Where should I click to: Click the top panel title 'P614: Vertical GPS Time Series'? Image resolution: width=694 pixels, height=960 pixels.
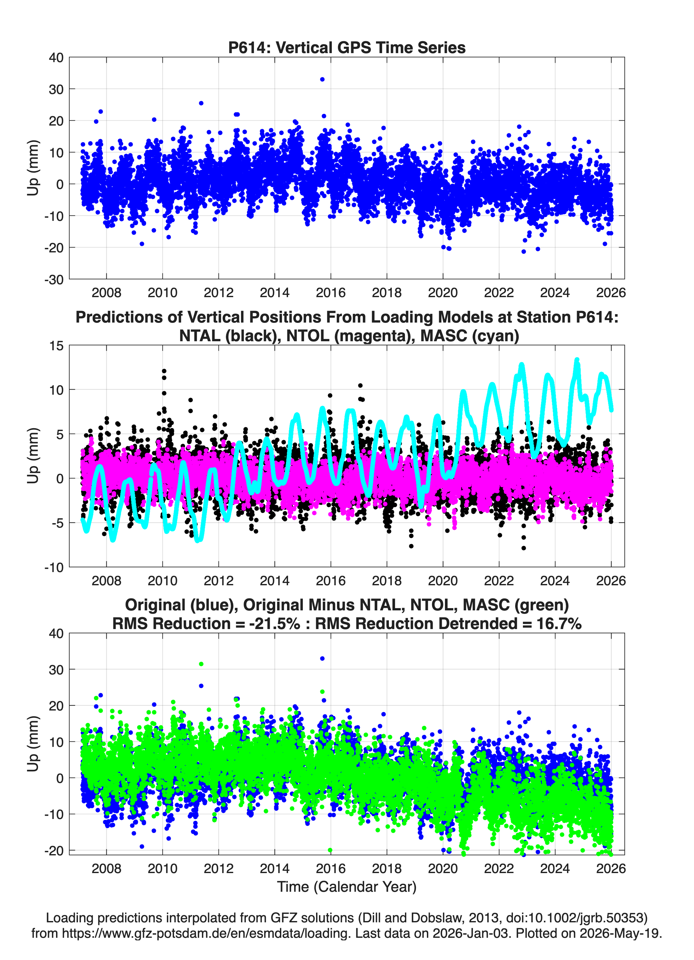347,47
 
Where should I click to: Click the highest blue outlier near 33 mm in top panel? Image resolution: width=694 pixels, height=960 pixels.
322,79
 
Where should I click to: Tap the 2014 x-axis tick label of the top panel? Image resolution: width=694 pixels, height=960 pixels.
275,293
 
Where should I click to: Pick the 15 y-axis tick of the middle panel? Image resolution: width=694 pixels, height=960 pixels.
56,346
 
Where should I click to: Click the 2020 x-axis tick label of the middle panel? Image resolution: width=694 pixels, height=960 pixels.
443,581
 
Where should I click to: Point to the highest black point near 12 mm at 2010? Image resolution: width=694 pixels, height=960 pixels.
164,371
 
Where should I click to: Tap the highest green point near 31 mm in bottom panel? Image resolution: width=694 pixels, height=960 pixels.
201,664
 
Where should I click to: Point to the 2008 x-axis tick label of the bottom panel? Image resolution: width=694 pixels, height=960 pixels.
106,869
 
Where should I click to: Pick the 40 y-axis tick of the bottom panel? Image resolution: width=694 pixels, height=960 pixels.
56,634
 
